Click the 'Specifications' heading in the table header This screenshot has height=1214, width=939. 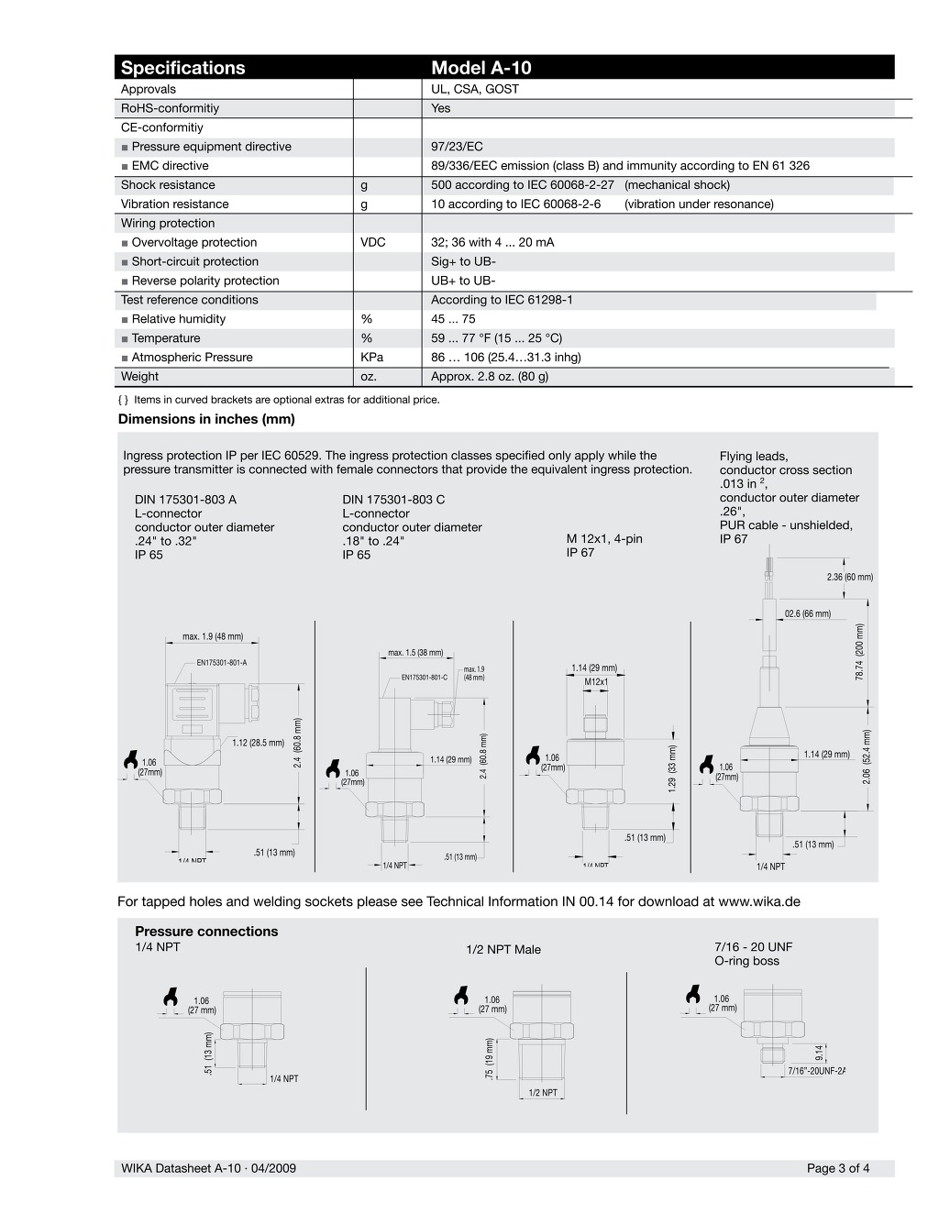(183, 68)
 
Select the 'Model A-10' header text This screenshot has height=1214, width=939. (481, 68)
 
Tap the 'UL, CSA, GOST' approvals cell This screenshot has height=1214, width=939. (475, 89)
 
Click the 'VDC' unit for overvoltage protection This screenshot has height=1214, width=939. (373, 242)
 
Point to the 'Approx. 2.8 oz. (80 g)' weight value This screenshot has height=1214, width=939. (490, 376)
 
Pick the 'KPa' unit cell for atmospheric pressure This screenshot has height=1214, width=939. (371, 357)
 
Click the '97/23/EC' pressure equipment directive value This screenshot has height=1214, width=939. (457, 147)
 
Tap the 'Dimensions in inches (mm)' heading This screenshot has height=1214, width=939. (206, 419)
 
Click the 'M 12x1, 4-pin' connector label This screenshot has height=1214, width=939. (604, 538)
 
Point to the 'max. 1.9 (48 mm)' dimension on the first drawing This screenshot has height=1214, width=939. (213, 636)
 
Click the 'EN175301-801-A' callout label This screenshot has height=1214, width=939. (221, 662)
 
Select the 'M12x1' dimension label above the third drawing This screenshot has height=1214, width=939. (596, 682)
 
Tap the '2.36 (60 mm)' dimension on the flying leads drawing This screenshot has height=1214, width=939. (849, 577)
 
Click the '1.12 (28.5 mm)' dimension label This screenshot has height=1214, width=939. (258, 743)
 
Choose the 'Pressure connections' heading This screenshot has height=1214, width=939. (206, 932)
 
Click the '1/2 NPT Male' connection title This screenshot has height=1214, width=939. (503, 949)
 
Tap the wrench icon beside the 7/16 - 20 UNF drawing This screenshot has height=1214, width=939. (693, 995)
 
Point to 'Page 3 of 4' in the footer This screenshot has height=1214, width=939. (838, 1168)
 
